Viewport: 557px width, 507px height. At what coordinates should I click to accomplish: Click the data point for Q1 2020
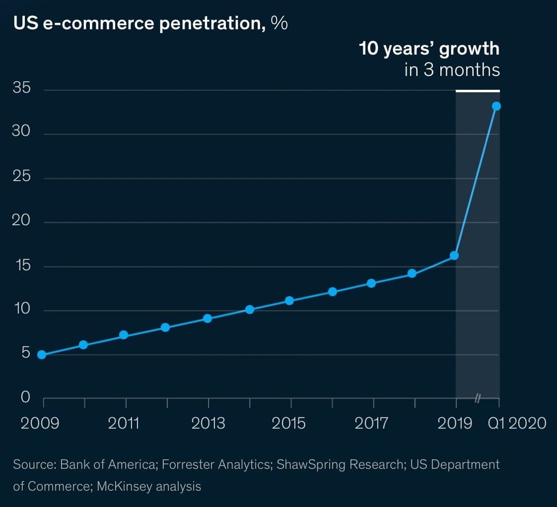(496, 106)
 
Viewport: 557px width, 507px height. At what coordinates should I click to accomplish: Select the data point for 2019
(454, 255)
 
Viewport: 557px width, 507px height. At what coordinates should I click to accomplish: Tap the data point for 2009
(42, 355)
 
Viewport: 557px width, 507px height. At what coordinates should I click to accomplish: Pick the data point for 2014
(250, 310)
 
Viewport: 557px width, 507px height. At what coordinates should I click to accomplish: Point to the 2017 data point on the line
(371, 283)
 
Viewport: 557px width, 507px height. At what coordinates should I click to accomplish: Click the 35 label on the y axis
(22, 89)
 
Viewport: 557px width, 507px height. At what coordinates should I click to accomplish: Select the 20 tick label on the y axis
(21, 221)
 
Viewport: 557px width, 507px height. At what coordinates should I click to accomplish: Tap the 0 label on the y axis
(25, 397)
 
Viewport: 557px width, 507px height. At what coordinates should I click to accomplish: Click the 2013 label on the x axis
(208, 423)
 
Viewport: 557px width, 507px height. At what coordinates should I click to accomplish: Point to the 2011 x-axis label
(124, 423)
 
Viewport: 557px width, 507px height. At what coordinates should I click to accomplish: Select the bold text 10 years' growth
(429, 49)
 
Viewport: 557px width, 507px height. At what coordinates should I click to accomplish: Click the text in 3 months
(452, 70)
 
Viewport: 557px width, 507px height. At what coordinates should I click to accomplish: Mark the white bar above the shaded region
(478, 91)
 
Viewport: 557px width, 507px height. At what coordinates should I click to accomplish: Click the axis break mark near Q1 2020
(477, 398)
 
